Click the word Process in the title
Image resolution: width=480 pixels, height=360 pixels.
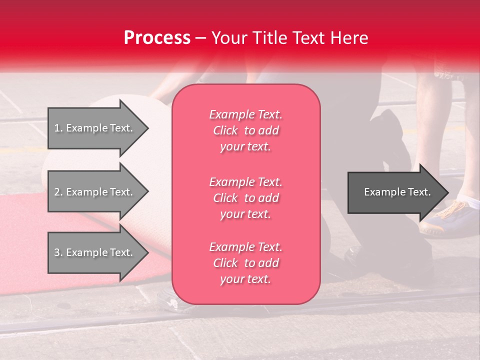click(x=157, y=38)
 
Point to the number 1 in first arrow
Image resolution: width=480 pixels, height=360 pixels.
click(x=57, y=128)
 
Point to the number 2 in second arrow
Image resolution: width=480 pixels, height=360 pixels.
click(x=57, y=192)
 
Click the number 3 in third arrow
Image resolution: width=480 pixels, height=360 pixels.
click(x=57, y=252)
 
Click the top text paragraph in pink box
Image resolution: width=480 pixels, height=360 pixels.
click(x=245, y=130)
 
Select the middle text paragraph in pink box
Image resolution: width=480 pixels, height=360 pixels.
click(x=245, y=198)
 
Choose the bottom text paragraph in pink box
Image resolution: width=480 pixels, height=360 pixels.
click(x=245, y=263)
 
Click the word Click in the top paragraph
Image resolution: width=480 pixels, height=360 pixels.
click(x=225, y=130)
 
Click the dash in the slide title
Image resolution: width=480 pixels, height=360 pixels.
click(x=201, y=38)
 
